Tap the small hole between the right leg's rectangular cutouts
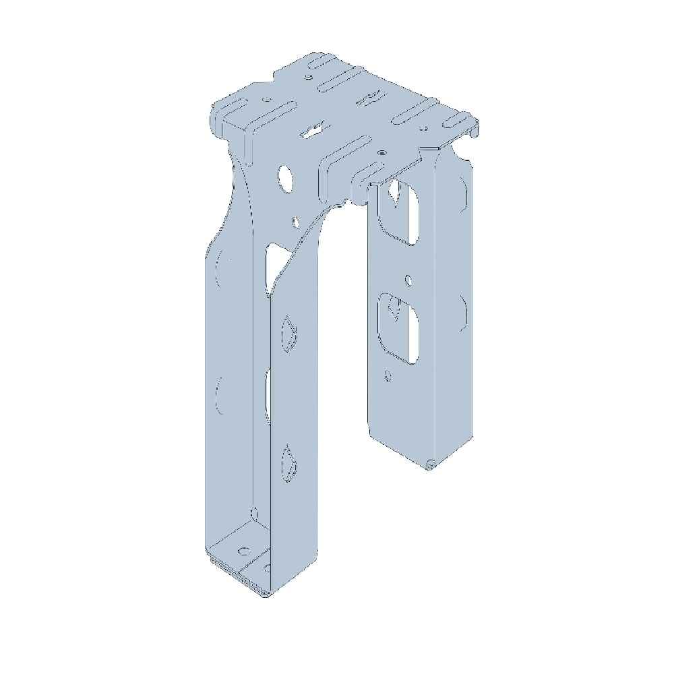click(408, 278)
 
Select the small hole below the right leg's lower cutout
click(387, 375)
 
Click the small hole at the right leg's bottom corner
click(429, 463)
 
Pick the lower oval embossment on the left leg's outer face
click(219, 394)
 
